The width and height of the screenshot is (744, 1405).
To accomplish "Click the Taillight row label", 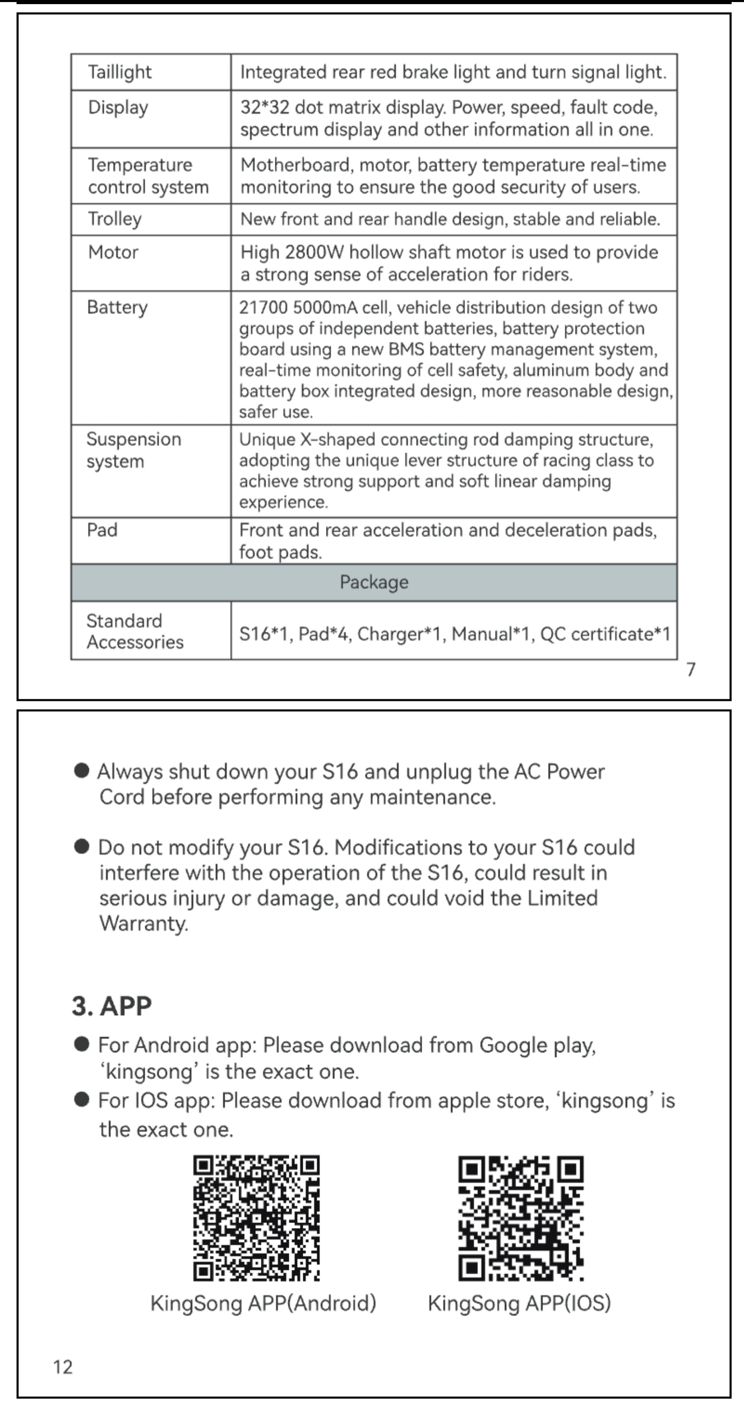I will tap(120, 72).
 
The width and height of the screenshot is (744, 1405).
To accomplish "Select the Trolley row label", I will tap(115, 219).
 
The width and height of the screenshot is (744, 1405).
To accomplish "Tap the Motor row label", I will tap(113, 252).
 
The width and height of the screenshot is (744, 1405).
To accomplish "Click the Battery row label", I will tap(117, 307).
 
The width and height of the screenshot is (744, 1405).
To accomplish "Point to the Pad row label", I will tap(102, 530).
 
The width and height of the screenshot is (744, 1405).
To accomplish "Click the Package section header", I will tap(374, 582).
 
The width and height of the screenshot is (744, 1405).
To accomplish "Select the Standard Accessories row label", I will tap(135, 631).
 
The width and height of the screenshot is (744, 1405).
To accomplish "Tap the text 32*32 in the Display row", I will tap(265, 108).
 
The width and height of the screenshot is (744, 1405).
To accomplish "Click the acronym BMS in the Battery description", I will tap(406, 349).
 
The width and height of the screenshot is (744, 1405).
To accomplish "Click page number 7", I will tap(691, 669).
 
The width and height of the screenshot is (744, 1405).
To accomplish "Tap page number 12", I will tap(63, 1366).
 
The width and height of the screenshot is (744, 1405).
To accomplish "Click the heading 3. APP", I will tap(112, 1006).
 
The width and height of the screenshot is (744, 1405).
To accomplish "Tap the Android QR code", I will tap(256, 1217).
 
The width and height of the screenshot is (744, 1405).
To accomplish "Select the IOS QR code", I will tap(520, 1217).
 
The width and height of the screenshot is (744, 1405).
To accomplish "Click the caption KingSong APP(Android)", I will tap(263, 1303).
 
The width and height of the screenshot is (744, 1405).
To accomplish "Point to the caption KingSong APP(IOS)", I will tap(519, 1303).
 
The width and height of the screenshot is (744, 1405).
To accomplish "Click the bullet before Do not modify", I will tap(82, 847).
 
